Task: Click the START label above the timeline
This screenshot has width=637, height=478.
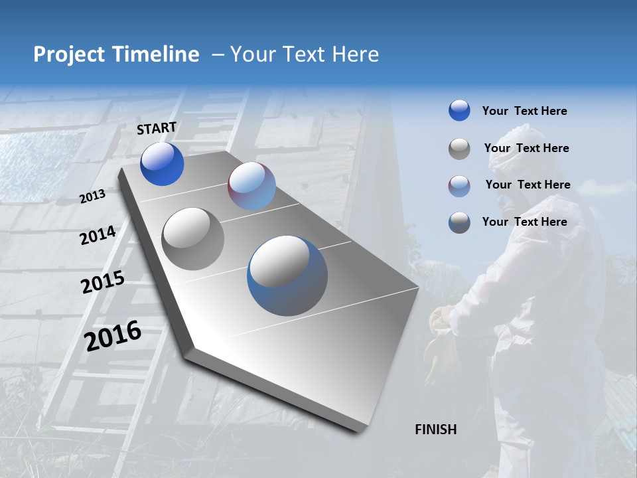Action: point(157,128)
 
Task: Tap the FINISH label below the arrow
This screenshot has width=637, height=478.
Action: point(435,430)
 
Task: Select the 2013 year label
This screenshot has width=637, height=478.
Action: point(93,197)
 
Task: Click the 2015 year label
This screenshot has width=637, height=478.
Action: point(103,282)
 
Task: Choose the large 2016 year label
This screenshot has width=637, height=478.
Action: point(113,335)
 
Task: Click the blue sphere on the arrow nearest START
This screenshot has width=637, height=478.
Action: point(162,164)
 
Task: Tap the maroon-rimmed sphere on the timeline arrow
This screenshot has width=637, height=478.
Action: point(251,186)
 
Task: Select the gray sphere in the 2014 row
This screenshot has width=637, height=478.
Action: point(193,238)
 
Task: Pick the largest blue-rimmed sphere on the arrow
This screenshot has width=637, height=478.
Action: point(287,276)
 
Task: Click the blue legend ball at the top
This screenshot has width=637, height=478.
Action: point(459,110)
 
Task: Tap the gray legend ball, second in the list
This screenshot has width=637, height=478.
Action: point(459,149)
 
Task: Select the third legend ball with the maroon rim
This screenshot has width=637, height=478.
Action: point(459,186)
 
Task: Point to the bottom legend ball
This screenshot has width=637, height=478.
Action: point(459,222)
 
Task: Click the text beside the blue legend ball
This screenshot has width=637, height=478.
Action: point(524,111)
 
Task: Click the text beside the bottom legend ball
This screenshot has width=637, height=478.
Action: point(524,222)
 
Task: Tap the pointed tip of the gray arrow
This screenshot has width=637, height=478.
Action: point(358,430)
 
